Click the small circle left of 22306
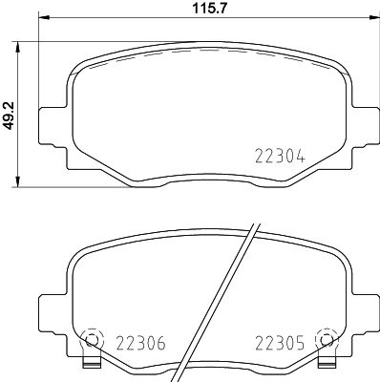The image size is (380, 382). [91, 340]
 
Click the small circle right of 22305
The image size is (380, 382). [328, 340]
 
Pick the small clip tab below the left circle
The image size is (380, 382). [91, 364]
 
